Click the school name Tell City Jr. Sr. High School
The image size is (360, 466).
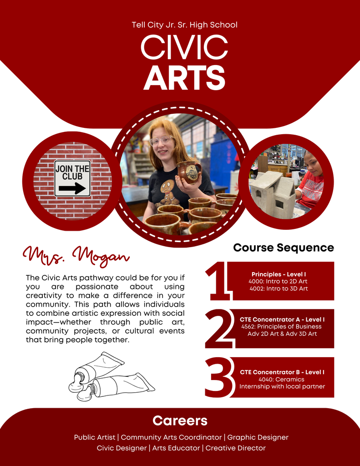pos(185,25)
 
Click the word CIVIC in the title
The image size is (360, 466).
pos(184,47)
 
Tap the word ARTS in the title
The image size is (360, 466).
pos(184,77)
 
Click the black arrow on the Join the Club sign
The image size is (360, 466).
pos(72,188)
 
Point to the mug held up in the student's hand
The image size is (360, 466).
pos(189,172)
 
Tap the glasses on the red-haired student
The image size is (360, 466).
pos(162,140)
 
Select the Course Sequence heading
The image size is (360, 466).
pos(283,248)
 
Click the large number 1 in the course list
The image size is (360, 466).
pos(218,281)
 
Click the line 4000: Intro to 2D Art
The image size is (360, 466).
pos(278,281)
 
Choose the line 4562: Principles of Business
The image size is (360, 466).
pos(282,326)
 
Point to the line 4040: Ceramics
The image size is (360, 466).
pos(281,379)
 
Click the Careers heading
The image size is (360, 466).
pos(180,420)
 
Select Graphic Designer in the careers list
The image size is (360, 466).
pos(258,437)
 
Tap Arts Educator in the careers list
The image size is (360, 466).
pos(176,448)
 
